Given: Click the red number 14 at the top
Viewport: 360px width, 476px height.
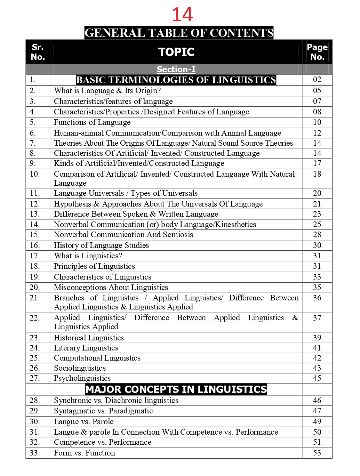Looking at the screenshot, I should pos(182,15).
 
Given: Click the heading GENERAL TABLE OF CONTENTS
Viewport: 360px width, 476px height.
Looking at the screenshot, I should pos(179,33).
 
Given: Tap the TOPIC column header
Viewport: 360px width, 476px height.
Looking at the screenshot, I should pos(176,52).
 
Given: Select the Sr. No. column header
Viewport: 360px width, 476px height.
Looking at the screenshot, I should pos(38,52).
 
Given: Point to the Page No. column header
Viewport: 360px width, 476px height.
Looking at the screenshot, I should pos(317,52).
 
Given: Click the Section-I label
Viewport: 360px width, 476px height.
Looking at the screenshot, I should pos(176,70).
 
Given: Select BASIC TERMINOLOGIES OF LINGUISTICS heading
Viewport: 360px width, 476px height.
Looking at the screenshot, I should pos(176,80).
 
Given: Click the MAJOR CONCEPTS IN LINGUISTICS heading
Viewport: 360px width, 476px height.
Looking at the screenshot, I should pos(176,389).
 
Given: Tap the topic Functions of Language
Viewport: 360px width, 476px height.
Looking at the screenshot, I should pos(92,122).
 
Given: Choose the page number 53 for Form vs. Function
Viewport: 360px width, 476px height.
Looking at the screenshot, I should pos(317,453).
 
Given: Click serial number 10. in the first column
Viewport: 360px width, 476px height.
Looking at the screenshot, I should pos(35,174).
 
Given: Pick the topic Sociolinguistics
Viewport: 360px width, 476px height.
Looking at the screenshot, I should pos(80,368).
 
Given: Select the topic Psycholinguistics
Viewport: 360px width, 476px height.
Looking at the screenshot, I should pos(82,378).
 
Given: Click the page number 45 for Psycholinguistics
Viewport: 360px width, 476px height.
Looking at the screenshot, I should pos(317,378).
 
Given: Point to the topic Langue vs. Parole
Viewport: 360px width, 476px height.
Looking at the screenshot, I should pos(83,421).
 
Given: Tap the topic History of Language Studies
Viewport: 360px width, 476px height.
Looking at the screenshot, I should pos(101,245).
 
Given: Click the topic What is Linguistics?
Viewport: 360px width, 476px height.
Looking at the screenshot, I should pos(88,256).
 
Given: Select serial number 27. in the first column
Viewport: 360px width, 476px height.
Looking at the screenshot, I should pos(35,378).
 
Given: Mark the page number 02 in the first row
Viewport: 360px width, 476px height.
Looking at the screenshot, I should pos(317,80).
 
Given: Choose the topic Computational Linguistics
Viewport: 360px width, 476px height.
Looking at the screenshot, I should pos(97,358).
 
